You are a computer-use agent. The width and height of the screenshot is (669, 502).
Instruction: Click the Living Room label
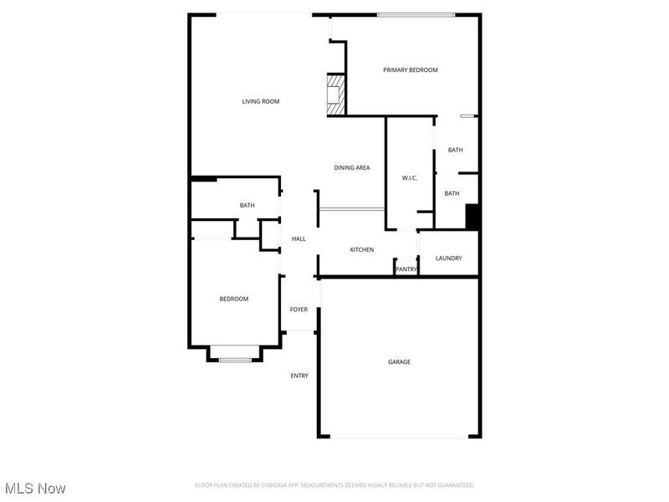point(260,101)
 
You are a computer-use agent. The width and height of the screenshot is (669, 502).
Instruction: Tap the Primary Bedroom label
point(410,70)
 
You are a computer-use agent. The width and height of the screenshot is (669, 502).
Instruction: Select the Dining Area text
point(352,168)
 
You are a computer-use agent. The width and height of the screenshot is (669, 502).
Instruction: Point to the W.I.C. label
point(409,178)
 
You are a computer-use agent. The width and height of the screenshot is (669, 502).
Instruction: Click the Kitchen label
point(361,250)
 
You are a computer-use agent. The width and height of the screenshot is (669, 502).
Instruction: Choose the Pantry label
point(406,269)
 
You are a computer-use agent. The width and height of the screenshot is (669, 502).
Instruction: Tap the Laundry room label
point(448,259)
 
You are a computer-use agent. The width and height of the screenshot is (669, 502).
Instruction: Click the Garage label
point(399,362)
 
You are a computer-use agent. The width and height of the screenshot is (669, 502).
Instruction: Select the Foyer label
point(299,310)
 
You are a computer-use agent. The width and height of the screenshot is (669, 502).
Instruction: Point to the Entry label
point(299,376)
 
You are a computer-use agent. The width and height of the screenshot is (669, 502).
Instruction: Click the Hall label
point(299,239)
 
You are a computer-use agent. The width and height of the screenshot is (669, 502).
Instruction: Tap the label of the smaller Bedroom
point(233,299)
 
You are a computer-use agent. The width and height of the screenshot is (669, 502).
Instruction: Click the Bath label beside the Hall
point(247,205)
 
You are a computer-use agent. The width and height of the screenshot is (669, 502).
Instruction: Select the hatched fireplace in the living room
point(334,95)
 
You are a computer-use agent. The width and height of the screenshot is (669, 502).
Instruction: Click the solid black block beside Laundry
point(472,216)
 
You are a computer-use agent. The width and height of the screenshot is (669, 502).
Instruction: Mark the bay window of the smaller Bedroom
point(235,359)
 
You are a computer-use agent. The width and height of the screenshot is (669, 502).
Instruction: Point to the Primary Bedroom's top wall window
point(416,14)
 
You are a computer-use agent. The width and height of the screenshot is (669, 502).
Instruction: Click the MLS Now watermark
point(34,488)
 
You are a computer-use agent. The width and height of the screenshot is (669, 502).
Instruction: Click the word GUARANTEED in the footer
point(453,485)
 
